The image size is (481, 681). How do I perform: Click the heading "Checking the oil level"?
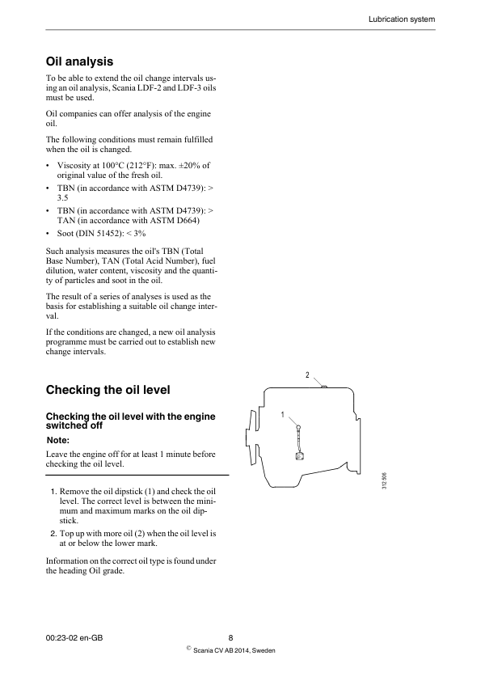coord(108,390)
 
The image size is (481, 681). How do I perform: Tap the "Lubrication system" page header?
coord(402,18)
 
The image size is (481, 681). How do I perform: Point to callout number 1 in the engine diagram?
coord(283,415)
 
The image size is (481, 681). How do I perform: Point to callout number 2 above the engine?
coord(307,374)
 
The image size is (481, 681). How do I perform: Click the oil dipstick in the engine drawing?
coord(299,441)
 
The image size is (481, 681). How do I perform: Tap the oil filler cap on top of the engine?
coord(323,387)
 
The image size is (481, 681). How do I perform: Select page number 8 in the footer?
coord(231,637)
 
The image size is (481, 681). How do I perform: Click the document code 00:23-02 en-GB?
coord(74,637)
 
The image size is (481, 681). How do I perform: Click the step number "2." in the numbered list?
coord(53,534)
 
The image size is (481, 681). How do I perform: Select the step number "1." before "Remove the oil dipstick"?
coord(53,492)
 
